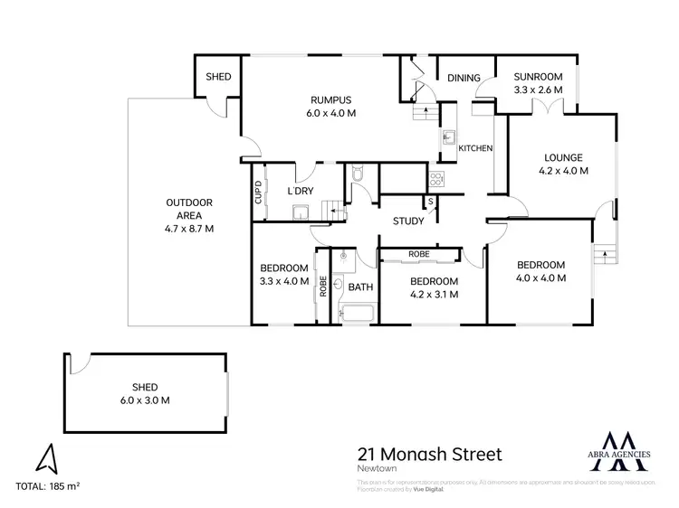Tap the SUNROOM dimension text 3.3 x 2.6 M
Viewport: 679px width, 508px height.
538,91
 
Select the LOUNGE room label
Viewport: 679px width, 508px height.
563,157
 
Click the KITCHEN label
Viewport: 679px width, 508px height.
475,148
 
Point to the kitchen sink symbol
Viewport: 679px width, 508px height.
447,138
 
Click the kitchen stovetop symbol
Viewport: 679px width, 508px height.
436,178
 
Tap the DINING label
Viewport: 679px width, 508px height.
464,79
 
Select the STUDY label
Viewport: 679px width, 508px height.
408,221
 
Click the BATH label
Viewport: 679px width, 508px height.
360,287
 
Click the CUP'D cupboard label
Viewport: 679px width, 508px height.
258,193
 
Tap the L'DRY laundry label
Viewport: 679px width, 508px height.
300,192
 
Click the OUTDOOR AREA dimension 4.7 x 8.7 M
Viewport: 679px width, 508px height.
188,229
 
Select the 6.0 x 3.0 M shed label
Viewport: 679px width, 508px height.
147,400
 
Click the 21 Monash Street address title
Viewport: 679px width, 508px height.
429,454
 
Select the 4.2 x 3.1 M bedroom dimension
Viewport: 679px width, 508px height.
434,293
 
